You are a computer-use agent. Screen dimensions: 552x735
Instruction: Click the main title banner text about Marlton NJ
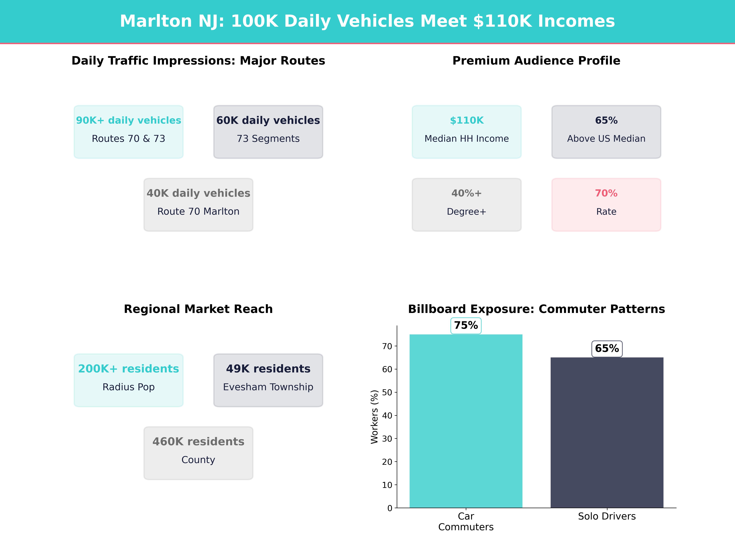367,21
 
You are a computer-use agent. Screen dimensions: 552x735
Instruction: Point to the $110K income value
467,121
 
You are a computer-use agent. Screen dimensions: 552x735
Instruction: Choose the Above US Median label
606,139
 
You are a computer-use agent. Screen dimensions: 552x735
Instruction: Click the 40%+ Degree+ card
467,205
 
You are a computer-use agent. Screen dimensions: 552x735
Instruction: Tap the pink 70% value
606,193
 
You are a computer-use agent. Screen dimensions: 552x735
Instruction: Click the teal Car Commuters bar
466,421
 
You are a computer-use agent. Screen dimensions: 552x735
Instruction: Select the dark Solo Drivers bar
607,433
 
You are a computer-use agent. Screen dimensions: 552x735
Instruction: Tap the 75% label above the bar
466,325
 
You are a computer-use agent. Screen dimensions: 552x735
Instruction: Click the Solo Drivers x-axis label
607,516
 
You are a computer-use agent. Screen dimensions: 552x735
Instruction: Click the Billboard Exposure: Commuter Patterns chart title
536,309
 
